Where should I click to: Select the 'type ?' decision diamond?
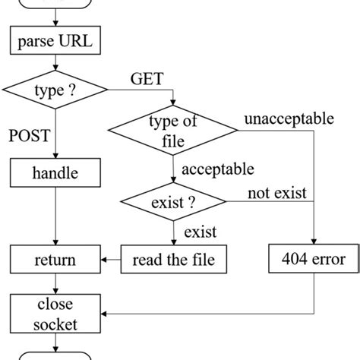pyautogui.click(x=55, y=92)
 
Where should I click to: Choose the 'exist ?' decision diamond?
pyautogui.click(x=174, y=203)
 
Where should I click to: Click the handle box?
pyautogui.click(x=55, y=173)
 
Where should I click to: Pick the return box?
pyautogui.click(x=55, y=261)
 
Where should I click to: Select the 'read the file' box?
pyautogui.click(x=174, y=261)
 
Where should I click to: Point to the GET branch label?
pyautogui.click(x=147, y=78)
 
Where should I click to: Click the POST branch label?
pyautogui.click(x=30, y=136)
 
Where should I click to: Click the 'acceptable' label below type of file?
pyautogui.click(x=218, y=169)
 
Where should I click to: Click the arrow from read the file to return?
pyautogui.click(x=111, y=261)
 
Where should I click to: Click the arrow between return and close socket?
pyautogui.click(x=55, y=284)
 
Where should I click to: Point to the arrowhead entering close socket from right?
pyautogui.click(x=106, y=312)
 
